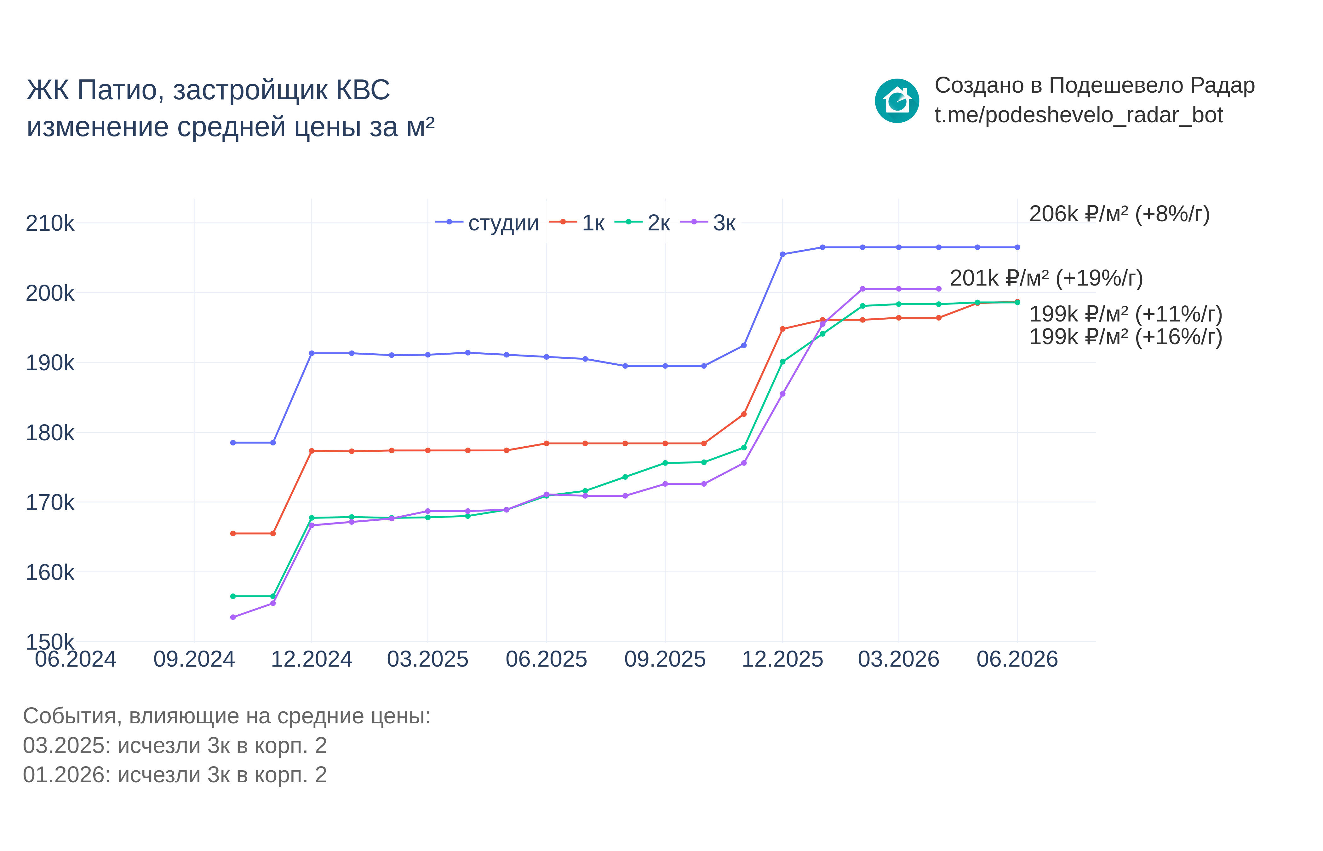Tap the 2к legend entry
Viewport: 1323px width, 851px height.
pos(642,223)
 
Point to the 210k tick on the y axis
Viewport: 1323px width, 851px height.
pos(50,223)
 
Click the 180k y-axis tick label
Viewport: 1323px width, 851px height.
pos(50,433)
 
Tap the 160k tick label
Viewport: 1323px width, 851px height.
pos(50,572)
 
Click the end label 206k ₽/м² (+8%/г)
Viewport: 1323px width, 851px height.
pos(1119,214)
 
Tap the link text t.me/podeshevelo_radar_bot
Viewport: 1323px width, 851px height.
pos(1078,115)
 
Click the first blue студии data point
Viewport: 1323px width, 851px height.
pos(233,443)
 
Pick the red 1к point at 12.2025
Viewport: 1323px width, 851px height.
pos(782,329)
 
